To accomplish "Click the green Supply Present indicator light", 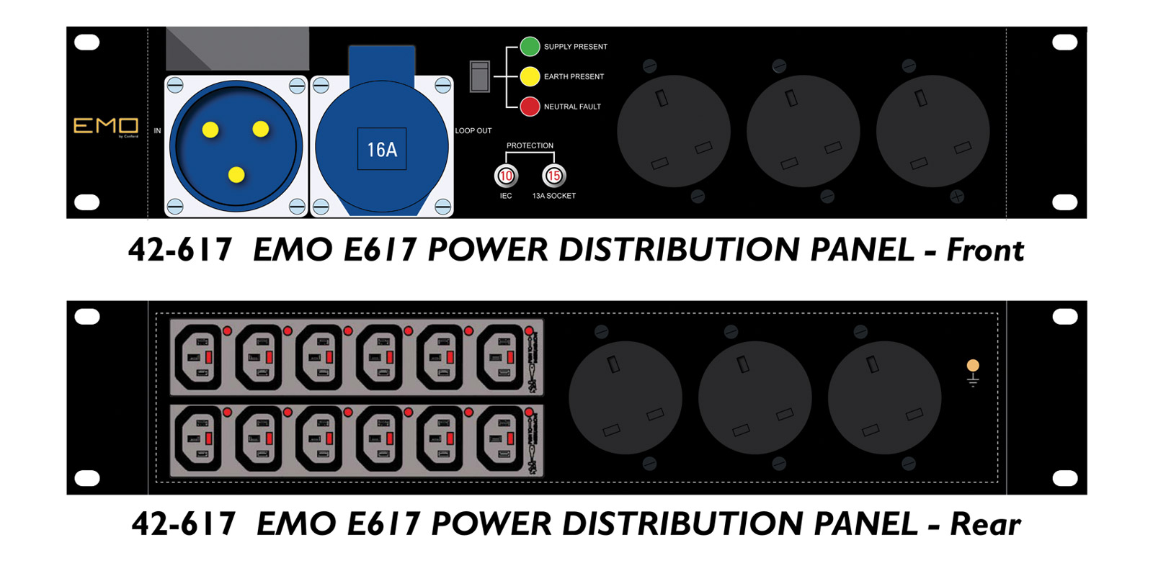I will pos(530,47).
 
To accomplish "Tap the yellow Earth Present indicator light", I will pos(530,76).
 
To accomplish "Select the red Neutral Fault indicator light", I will pos(530,107).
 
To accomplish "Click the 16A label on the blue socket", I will pos(382,149).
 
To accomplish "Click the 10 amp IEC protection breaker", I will pos(506,176).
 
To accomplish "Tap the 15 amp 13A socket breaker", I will pos(553,176).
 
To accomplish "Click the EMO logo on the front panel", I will pos(106,127).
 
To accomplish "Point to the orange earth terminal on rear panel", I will pos(973,366).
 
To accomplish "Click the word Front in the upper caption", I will pos(984,250).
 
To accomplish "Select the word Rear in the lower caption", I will pos(985,524).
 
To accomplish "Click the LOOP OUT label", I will pos(473,131).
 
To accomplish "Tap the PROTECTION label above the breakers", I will pos(530,145).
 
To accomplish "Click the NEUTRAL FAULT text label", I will pos(572,107).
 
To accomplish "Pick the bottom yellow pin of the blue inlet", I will pos(236,174).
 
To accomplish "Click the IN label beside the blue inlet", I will pos(157,131).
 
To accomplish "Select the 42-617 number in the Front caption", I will pos(180,250).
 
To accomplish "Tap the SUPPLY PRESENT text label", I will pos(575,47).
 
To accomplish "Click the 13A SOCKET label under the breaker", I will pos(553,196).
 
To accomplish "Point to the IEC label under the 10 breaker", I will pos(506,196).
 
